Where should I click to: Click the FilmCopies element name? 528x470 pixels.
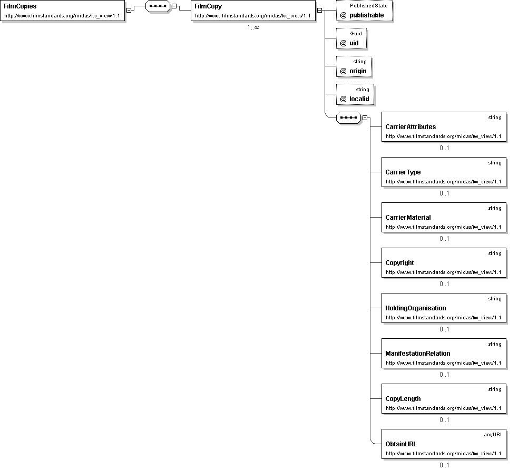tap(20, 6)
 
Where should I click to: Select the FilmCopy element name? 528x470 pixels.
tap(208, 6)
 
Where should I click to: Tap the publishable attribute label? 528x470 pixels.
tap(366, 15)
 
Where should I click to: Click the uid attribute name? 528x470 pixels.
tap(354, 43)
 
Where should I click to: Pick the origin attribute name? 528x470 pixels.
tap(358, 71)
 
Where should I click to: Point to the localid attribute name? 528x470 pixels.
tap(359, 99)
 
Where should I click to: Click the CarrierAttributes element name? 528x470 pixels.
tap(410, 127)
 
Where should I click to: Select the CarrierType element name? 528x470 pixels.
tap(403, 172)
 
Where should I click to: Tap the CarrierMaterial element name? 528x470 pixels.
tap(408, 218)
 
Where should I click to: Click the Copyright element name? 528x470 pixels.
tap(400, 263)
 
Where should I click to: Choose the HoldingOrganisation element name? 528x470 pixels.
tap(416, 308)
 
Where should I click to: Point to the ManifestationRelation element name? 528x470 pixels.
tap(418, 354)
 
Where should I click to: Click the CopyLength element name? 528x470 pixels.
tap(403, 399)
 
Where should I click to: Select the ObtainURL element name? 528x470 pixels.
tap(401, 444)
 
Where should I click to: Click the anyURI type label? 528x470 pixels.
tap(493, 435)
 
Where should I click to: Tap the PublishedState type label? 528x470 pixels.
tap(369, 6)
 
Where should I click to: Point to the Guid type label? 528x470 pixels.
tap(356, 34)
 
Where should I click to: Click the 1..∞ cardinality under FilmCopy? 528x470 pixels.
tap(253, 27)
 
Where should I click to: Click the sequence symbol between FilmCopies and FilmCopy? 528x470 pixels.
tap(158, 6)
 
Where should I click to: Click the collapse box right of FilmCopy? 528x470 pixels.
tap(319, 11)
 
